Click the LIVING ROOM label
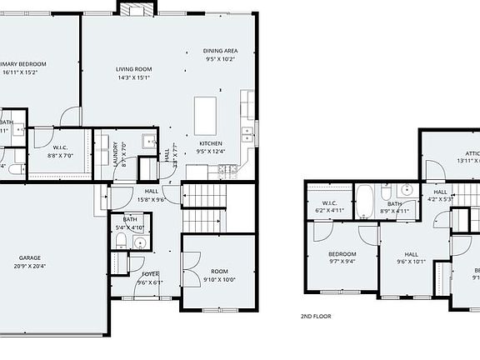point(133,69)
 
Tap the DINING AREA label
point(221,51)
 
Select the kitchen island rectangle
point(205,111)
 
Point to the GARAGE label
point(30,257)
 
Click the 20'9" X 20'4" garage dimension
point(30,267)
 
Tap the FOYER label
point(150,273)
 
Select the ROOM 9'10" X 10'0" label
point(219,271)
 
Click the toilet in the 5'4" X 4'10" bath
point(122,242)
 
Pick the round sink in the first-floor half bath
point(139,243)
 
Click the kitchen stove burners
point(227,170)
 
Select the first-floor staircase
point(204,208)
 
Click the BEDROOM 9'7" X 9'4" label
point(342,257)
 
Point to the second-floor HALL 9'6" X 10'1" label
point(412,257)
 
